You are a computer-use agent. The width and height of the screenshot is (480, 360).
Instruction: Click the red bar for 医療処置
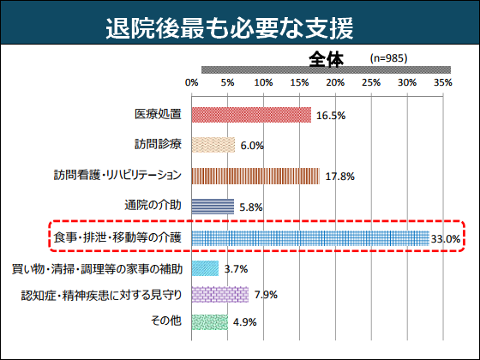point(251,115)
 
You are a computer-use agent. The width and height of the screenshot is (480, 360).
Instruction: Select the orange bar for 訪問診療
point(213,146)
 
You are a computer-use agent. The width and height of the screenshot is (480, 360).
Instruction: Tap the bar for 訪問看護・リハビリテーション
point(255,176)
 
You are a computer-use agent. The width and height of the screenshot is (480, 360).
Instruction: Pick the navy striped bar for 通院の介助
point(213,206)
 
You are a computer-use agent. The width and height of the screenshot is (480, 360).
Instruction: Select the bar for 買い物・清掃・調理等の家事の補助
point(205,269)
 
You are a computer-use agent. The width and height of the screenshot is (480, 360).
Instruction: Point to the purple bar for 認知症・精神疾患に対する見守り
point(220,296)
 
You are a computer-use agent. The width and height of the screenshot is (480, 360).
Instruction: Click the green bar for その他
point(209,322)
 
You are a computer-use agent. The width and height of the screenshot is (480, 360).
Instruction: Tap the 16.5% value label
point(330,116)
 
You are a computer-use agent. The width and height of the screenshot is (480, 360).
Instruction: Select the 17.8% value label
point(339,177)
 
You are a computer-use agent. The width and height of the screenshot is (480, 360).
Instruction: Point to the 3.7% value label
point(236,269)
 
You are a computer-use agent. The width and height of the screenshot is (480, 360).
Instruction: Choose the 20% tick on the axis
point(335,82)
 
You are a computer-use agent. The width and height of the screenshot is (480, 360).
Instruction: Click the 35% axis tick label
point(442,82)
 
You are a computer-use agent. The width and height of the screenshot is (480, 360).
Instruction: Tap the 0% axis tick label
point(191,82)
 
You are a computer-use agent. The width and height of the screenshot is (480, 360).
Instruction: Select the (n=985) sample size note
point(388,58)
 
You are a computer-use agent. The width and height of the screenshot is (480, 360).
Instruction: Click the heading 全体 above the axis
point(327,59)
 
